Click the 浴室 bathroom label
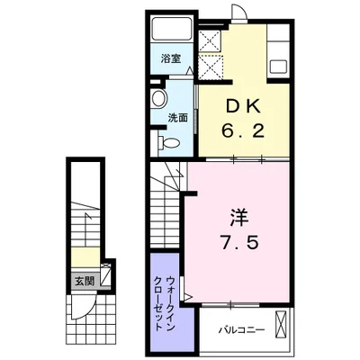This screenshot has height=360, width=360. click(x=171, y=58)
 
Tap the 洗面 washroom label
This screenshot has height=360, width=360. click(x=177, y=118)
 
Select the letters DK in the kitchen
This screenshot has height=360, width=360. click(x=243, y=106)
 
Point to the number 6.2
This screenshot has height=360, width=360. click(x=243, y=130)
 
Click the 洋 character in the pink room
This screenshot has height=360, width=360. click(x=239, y=217)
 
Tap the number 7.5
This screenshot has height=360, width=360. click(x=239, y=242)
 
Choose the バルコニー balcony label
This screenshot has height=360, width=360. click(x=242, y=330)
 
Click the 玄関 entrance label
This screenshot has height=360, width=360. click(x=85, y=281)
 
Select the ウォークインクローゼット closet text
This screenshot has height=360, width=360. click(x=164, y=303)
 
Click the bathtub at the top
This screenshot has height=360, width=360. click(x=172, y=29)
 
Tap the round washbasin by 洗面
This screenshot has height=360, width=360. click(x=158, y=98)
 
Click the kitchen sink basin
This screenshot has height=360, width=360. click(x=279, y=67)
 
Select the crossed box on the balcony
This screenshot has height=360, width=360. click(x=281, y=325)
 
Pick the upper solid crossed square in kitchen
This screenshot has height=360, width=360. click(x=210, y=40)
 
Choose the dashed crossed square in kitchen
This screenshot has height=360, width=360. click(x=211, y=67)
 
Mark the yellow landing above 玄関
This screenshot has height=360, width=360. click(x=85, y=257)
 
